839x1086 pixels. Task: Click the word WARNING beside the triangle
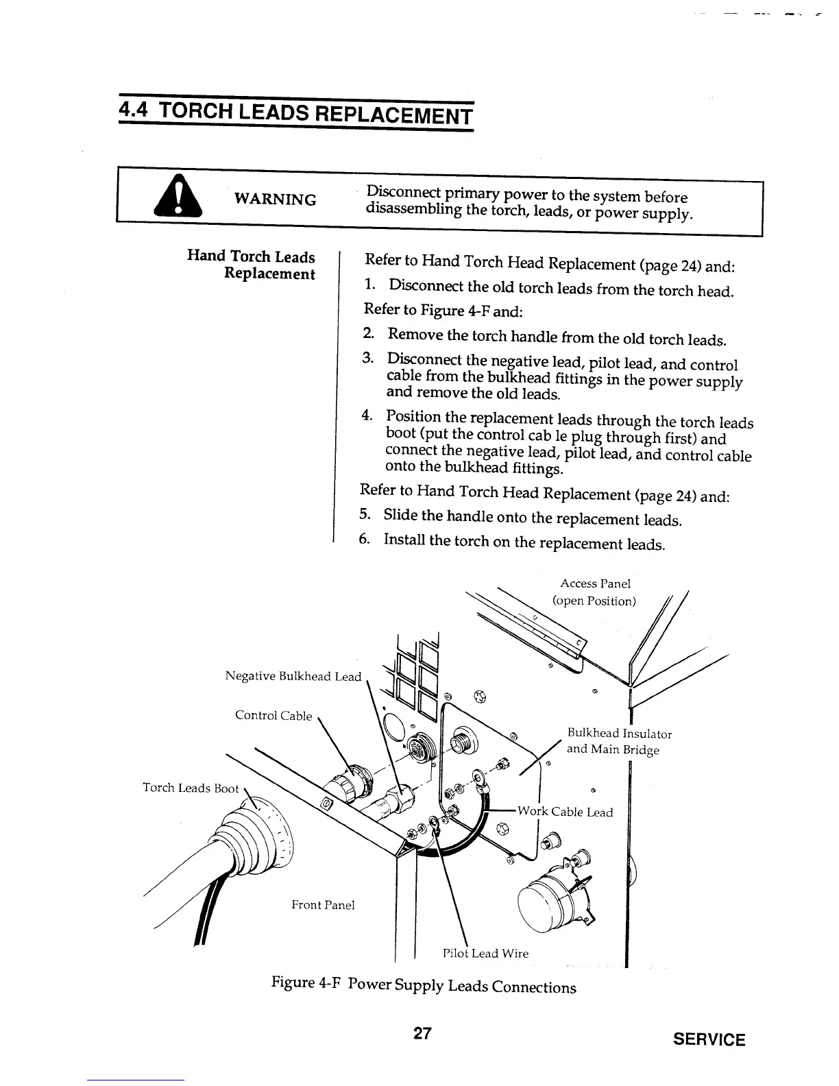pos(275,199)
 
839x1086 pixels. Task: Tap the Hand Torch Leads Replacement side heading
pos(252,265)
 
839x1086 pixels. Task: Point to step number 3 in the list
pos(368,358)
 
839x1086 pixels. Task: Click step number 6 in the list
pos(365,540)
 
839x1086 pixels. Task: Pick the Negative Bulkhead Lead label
pos(293,677)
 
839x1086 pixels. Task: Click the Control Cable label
pos(273,715)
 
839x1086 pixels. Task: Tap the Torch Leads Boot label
pos(191,788)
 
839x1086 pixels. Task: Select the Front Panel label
pos(323,905)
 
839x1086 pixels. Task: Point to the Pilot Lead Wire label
pos(485,953)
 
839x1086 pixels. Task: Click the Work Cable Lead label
pos(565,812)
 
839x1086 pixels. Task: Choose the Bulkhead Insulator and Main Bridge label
pos(618,741)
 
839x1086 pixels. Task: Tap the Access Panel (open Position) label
pos(594,592)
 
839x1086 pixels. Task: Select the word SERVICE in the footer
pos(709,1039)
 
